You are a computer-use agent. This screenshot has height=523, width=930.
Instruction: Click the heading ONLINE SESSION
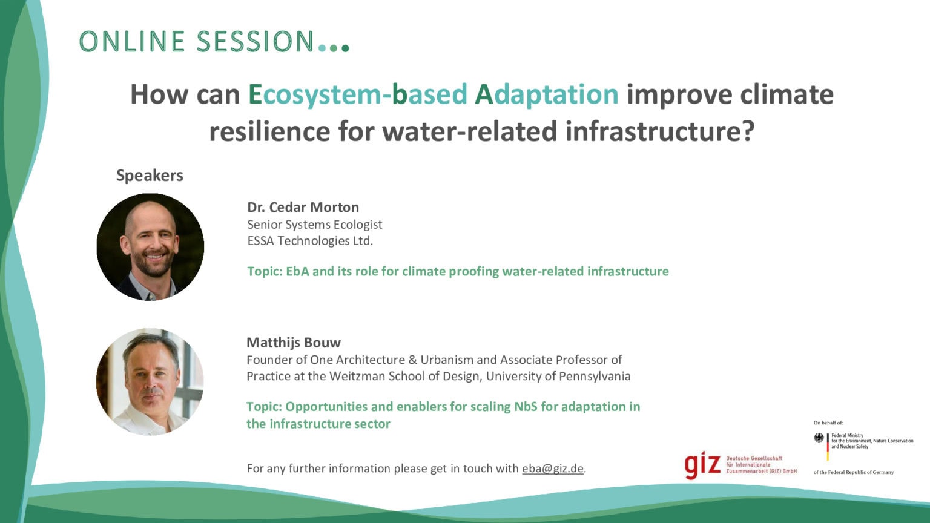pos(196,42)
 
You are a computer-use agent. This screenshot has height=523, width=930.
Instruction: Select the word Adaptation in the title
pos(546,94)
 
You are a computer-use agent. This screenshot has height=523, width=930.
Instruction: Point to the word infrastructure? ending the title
pos(660,131)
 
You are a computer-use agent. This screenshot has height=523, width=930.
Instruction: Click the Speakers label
pos(150,176)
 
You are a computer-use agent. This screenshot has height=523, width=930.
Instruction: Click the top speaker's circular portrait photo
pos(150,246)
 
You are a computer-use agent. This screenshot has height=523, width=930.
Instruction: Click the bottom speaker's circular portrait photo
pos(150,381)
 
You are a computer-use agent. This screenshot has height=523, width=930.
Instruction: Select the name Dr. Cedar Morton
pos(303,207)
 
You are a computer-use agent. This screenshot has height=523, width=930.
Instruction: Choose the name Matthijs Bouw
pos(294,343)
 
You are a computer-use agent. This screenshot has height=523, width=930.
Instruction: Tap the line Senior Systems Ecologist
pos(314,225)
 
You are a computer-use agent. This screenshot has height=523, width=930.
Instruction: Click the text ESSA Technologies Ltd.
pos(309,241)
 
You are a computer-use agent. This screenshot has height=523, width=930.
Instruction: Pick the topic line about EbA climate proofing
pos(458,271)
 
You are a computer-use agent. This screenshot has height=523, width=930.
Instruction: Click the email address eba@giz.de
pos(552,469)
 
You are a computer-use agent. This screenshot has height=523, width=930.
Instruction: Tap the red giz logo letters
pos(702,465)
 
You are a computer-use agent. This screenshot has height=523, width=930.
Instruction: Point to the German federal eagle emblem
pos(819,438)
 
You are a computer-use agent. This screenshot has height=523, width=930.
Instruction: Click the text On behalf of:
pos(828,423)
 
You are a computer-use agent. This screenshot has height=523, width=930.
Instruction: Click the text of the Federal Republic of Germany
pos(853,472)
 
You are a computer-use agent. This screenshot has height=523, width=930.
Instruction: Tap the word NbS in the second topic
pos(525,407)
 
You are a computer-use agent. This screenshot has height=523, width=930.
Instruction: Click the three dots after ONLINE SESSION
pos(334,47)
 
